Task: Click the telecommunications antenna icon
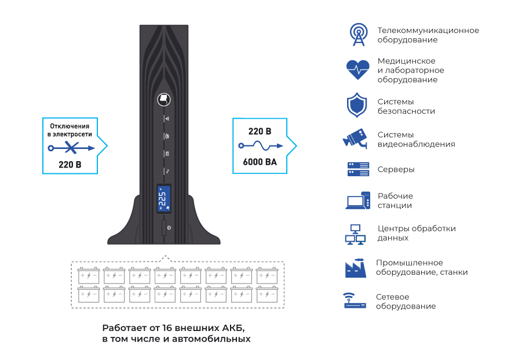point(359,35)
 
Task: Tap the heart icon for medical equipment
point(358,70)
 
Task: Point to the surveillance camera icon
point(356,139)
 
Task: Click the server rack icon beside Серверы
point(358,169)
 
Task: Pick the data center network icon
point(355,233)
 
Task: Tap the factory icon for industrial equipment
point(356,267)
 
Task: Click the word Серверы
point(396,170)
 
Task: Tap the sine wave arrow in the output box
point(260,146)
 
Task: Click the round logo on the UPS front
point(165,99)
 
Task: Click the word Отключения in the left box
point(70,126)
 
